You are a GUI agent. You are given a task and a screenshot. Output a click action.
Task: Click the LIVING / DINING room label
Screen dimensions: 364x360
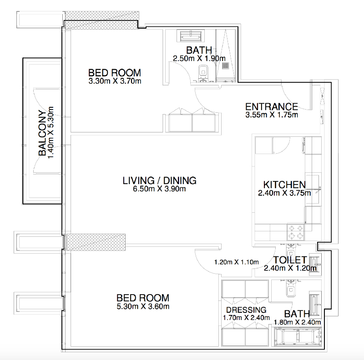[x=160, y=180]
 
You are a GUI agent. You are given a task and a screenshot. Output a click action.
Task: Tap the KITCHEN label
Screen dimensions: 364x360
[x=284, y=185]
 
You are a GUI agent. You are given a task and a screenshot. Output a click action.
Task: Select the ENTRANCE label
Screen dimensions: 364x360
[x=272, y=107]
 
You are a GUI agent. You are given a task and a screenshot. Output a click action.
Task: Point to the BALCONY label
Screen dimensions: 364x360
[x=42, y=133]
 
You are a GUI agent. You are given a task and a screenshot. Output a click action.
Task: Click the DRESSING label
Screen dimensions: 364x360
[x=246, y=310]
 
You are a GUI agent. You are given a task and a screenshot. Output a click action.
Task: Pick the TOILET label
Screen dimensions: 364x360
[x=290, y=260]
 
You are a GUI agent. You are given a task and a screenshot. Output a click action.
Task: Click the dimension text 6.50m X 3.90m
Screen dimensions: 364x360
[x=159, y=189]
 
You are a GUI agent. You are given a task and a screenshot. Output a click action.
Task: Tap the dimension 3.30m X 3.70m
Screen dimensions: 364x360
[x=115, y=81]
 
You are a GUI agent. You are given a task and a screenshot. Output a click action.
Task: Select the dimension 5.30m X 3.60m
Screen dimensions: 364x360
[x=143, y=306]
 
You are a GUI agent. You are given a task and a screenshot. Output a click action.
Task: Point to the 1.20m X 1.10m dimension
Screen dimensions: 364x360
[x=236, y=262]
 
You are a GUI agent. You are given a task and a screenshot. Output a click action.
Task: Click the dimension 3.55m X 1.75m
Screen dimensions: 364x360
[x=272, y=115]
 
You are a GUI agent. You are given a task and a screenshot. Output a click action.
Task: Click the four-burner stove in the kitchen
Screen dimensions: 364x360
[x=295, y=232]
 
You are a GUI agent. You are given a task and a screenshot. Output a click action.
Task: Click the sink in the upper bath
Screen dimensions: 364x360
[x=190, y=36]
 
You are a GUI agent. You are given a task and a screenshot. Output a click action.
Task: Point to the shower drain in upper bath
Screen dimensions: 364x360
[x=225, y=65]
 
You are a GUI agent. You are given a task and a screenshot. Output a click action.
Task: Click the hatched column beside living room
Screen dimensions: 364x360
[x=96, y=242]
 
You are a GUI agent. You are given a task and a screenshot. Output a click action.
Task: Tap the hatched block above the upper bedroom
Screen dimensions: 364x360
[x=102, y=20]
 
